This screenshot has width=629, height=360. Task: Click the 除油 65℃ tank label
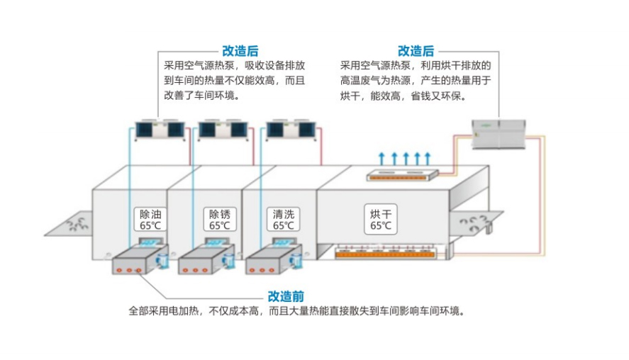(x=150, y=220)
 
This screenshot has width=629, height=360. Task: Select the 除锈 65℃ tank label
(x=219, y=220)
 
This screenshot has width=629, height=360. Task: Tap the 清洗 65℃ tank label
(x=283, y=220)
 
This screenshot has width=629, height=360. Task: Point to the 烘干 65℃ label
(x=380, y=220)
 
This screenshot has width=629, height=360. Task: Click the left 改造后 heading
(x=240, y=51)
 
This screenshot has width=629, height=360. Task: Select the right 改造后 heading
(x=416, y=51)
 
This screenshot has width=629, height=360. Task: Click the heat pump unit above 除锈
(x=223, y=130)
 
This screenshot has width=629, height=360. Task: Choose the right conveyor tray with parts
(x=476, y=224)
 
